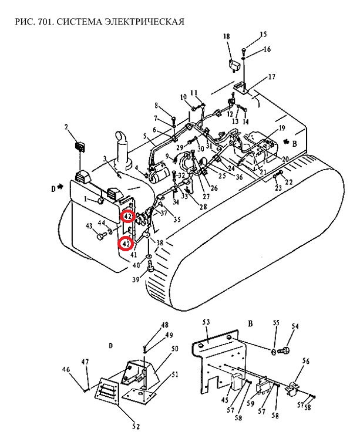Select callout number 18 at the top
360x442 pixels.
click(x=227, y=37)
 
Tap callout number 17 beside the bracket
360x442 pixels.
click(x=271, y=77)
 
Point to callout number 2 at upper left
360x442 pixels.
click(x=66, y=127)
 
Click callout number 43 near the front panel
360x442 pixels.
click(x=89, y=226)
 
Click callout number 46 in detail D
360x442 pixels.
click(x=66, y=370)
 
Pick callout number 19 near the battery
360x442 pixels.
click(x=281, y=128)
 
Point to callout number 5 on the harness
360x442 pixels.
click(x=145, y=136)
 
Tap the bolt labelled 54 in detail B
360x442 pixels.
click(x=287, y=350)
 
